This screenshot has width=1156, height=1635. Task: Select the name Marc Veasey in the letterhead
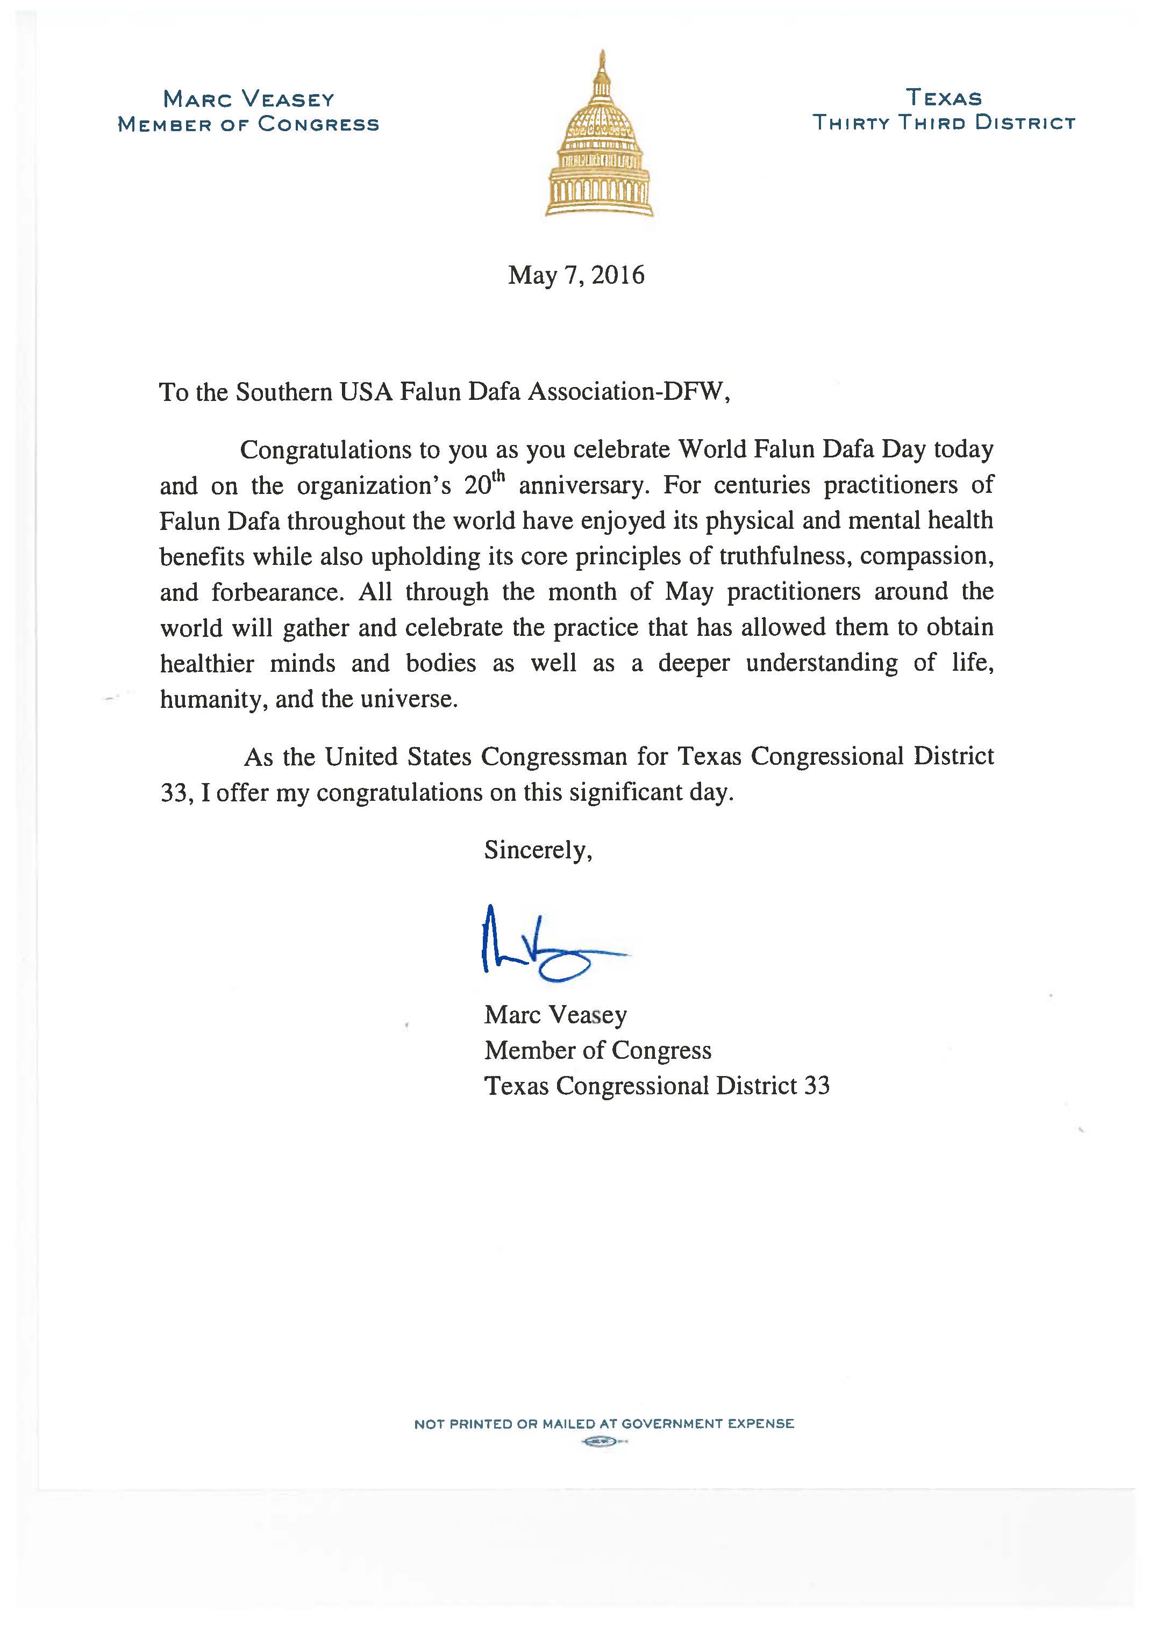click(248, 98)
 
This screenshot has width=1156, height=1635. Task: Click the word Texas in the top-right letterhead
click(944, 98)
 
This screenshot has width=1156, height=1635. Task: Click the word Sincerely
click(538, 850)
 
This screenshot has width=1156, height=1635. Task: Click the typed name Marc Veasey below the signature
click(555, 1015)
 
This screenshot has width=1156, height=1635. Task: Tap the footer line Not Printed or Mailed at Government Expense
click(603, 1424)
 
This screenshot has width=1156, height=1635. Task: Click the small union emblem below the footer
click(598, 1442)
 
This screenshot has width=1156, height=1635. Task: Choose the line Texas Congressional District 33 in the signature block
click(657, 1086)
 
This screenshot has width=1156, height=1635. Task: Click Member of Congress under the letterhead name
click(248, 124)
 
